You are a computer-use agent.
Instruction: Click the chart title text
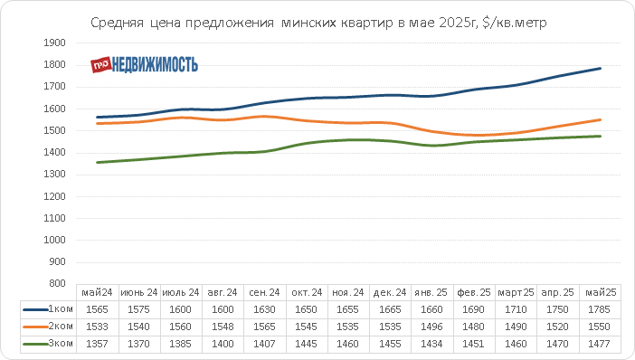click(318, 23)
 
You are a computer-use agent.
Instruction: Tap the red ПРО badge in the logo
click(100, 65)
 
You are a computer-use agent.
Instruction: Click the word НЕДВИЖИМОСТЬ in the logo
click(155, 65)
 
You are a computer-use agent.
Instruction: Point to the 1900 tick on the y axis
click(54, 43)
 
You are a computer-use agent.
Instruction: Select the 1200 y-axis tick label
click(54, 196)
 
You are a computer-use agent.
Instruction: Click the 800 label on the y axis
click(57, 283)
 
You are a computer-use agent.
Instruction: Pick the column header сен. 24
click(264, 292)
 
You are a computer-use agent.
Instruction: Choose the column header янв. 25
click(431, 292)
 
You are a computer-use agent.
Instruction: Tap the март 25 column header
click(516, 292)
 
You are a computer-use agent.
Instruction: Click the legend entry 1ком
click(48, 309)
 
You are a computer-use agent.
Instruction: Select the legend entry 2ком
click(48, 327)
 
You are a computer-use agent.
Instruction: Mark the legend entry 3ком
click(48, 344)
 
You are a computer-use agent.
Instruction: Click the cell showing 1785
click(599, 309)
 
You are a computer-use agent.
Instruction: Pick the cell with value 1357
click(97, 345)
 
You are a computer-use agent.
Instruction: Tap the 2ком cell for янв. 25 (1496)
click(431, 327)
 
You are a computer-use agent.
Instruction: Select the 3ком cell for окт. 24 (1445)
click(306, 345)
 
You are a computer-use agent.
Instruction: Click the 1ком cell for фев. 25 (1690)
click(473, 309)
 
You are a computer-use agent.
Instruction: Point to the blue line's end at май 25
click(600, 69)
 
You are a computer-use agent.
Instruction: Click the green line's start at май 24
click(97, 163)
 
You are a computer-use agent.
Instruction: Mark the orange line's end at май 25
click(600, 120)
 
